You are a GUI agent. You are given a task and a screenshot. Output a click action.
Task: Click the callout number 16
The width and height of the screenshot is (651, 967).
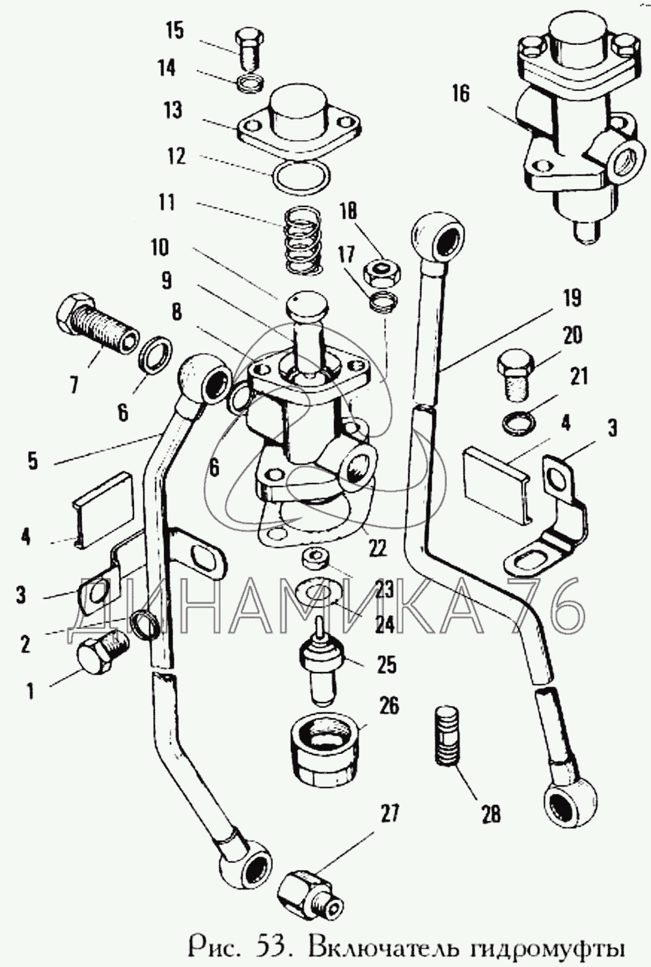[460, 93]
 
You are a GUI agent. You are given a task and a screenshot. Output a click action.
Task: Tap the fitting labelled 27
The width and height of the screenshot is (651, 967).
[311, 893]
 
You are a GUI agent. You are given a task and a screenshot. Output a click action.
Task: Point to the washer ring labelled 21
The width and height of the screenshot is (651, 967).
[518, 423]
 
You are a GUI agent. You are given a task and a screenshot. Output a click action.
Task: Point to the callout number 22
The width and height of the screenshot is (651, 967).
[376, 548]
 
